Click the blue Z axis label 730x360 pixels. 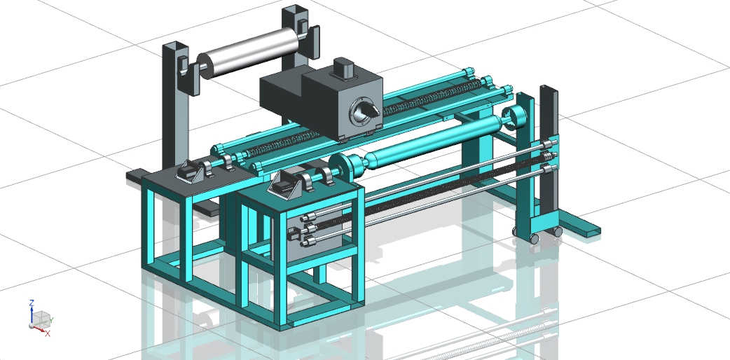32,303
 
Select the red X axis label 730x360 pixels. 48,333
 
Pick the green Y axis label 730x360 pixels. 51,320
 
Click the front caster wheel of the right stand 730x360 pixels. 534,239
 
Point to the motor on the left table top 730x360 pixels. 190,172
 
